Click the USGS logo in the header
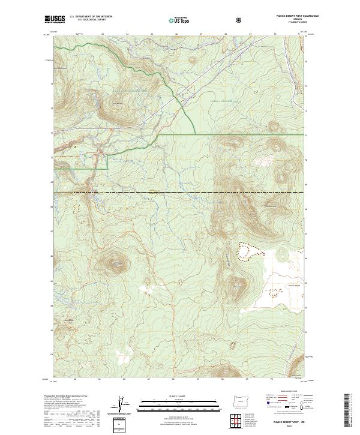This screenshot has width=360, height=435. (x=56, y=20)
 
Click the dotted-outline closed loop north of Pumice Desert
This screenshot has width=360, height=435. (x=250, y=252)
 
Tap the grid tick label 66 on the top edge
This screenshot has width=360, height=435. (x=176, y=34)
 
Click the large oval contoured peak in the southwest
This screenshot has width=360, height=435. (x=113, y=262)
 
